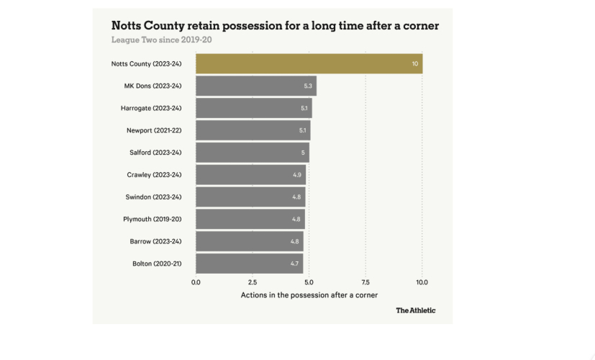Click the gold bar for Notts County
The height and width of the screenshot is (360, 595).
(x=309, y=63)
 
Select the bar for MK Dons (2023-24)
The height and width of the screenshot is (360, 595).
(x=256, y=86)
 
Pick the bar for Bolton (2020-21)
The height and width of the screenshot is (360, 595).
(x=249, y=264)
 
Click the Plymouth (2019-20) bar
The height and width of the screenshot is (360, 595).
(x=250, y=219)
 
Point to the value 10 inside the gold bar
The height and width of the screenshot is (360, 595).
(x=415, y=63)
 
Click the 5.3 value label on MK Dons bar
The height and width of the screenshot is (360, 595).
(x=308, y=86)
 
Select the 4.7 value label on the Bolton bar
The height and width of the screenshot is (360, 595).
(x=294, y=264)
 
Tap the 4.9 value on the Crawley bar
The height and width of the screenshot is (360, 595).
(x=297, y=175)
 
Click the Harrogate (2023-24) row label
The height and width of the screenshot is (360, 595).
(x=151, y=108)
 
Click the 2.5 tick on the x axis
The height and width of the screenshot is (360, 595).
(x=253, y=282)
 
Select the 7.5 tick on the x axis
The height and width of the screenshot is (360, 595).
(x=365, y=282)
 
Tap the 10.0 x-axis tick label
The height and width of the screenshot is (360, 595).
(x=422, y=282)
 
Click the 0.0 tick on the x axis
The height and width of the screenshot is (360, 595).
(x=196, y=282)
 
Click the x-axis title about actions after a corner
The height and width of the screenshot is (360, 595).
(x=309, y=295)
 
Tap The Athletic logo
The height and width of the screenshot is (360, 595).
(x=415, y=310)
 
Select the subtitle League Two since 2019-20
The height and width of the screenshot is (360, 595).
(x=161, y=40)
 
